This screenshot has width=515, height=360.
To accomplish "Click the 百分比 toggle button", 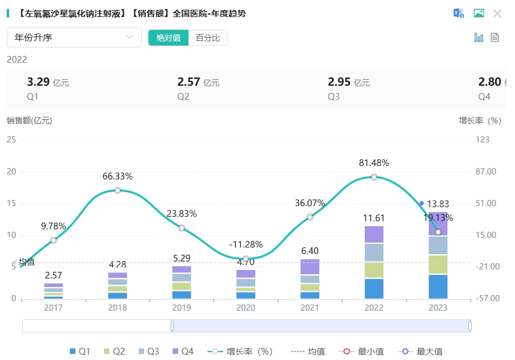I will coord(208,38).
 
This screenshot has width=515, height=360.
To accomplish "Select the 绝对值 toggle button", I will coord(168,38).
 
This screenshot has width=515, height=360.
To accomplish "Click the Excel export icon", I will coord(458,13).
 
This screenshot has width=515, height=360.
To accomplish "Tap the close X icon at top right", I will coord(497,13).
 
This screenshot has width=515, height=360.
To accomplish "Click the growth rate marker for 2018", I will coord(117,190).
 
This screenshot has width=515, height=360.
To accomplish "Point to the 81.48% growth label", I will coord(374,163).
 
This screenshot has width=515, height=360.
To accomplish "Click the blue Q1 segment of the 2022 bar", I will coord(374,288).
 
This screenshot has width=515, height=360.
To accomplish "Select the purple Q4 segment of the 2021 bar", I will coord(309,267).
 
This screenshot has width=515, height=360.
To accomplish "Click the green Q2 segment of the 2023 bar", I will coord(438,265).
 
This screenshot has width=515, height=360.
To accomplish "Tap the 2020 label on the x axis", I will coord(246,308).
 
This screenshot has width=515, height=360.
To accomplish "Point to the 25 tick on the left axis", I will coord(11,140).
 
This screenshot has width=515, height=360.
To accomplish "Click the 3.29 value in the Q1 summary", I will coord(38,82).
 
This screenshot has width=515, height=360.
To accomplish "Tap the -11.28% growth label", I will coord(246,244).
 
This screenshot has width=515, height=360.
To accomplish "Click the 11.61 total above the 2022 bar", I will coord(374,218).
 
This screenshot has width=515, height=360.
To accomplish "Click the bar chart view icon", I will coord(479,38).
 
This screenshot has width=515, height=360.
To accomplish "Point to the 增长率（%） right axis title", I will coord(480,120).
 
